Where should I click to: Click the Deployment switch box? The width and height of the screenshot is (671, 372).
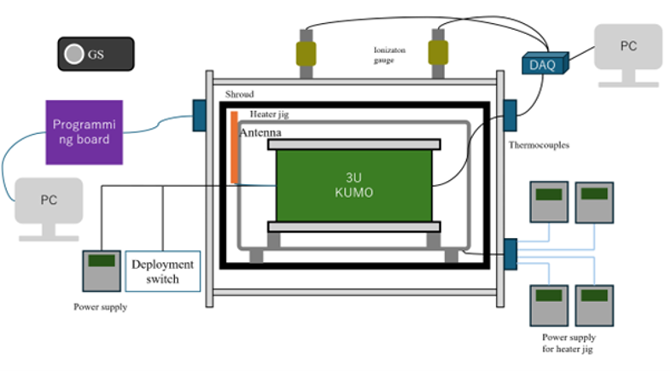162,270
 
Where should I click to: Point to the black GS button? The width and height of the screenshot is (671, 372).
95,55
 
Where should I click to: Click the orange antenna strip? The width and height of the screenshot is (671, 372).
233,146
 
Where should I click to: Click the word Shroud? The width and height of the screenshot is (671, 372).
239,94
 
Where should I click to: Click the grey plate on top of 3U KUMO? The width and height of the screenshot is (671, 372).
354,144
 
